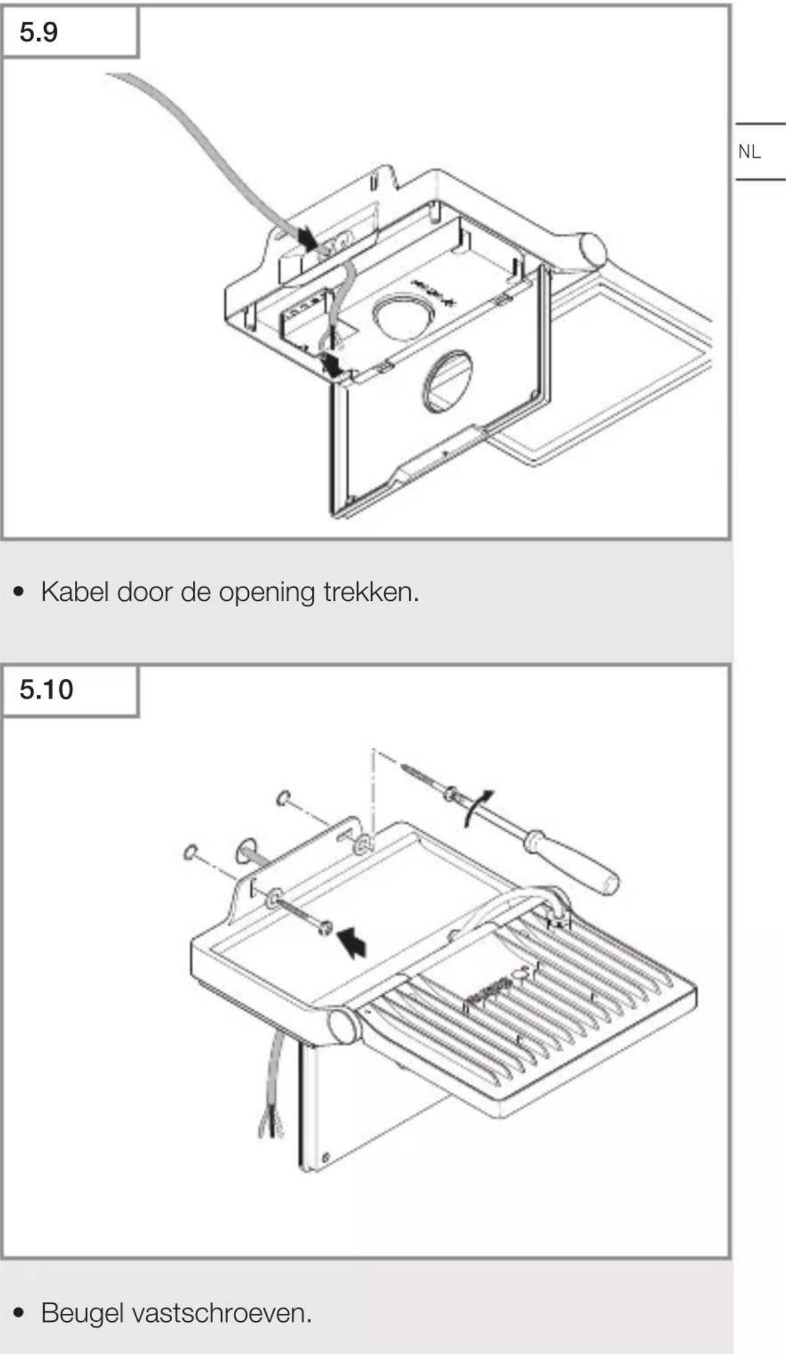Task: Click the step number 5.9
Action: point(39,32)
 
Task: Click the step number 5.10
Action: point(46,689)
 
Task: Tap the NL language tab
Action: point(750,152)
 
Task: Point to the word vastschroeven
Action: point(221,1313)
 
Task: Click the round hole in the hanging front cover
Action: point(449,382)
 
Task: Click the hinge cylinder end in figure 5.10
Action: point(342,1026)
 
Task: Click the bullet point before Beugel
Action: point(19,1313)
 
